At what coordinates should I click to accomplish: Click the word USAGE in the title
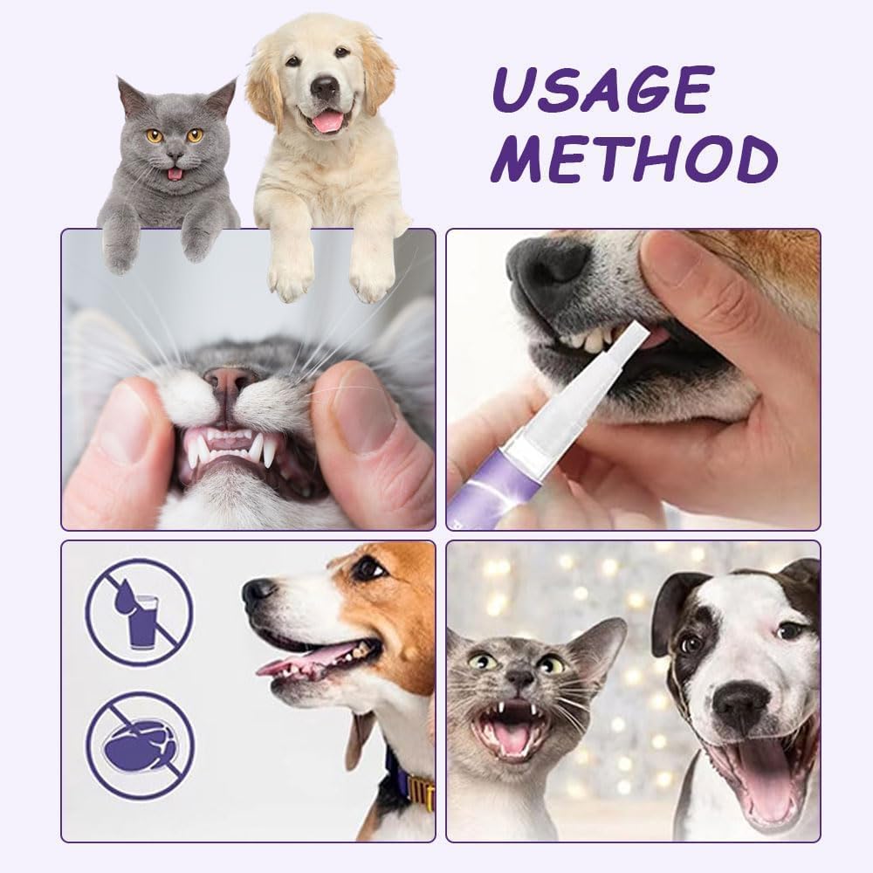tap(601, 92)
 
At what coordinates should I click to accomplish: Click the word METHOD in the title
tap(632, 161)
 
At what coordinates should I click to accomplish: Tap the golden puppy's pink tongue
tap(328, 121)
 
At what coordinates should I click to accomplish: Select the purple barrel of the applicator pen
tap(489, 489)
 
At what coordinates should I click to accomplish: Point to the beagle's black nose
tap(258, 594)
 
